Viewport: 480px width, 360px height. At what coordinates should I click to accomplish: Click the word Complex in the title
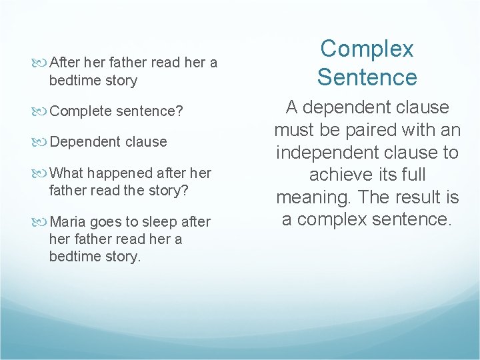pos(367,49)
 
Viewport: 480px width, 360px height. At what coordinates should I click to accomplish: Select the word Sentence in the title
pos(367,77)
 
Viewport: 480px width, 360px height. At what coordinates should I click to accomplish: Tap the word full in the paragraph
pos(411,175)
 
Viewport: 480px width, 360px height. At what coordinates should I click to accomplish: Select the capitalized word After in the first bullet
pos(65,63)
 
